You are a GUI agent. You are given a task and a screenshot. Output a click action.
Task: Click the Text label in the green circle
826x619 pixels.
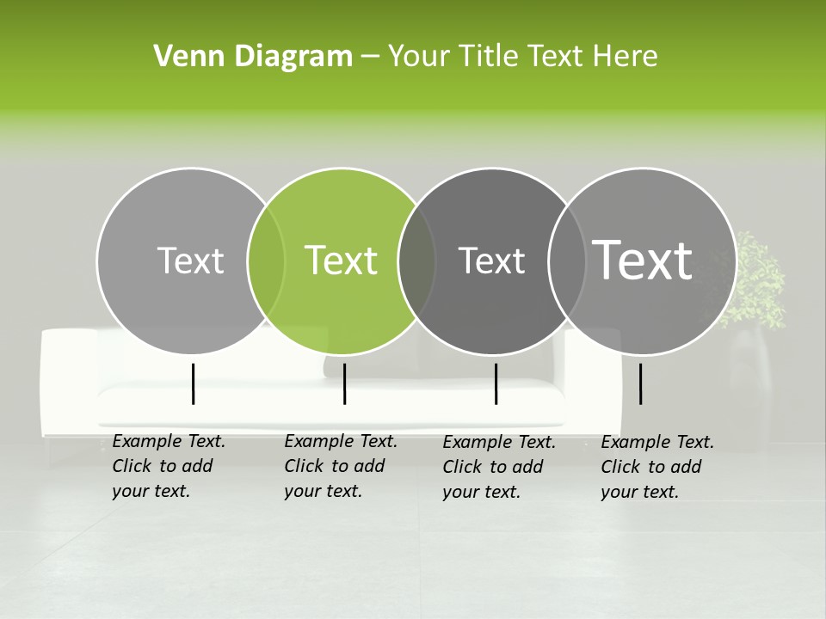342,260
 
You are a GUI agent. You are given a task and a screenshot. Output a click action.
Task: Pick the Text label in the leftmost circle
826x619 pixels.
191,260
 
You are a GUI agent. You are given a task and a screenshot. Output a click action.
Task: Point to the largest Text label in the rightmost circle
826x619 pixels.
643,260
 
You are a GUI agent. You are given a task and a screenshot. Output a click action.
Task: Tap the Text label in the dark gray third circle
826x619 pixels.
492,260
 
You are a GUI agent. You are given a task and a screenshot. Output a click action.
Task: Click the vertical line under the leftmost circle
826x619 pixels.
193,383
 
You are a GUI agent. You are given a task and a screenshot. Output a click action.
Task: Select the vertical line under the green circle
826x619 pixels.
344,383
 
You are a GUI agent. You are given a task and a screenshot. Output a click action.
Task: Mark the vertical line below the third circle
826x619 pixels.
496,383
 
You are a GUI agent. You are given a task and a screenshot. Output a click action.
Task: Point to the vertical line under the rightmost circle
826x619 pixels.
640,383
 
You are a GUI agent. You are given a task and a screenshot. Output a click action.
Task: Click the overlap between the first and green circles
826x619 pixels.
266,261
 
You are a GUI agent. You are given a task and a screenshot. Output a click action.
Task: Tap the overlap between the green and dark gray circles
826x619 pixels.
417,261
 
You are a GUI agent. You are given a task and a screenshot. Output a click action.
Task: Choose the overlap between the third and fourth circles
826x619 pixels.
565,261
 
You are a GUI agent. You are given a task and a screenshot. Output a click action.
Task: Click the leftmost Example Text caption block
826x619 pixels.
169,466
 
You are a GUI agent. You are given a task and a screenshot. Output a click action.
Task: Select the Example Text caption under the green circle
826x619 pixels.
341,466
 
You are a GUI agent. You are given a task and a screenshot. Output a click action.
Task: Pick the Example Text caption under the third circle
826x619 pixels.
499,467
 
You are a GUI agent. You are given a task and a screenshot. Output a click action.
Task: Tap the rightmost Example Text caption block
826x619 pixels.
657,467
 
